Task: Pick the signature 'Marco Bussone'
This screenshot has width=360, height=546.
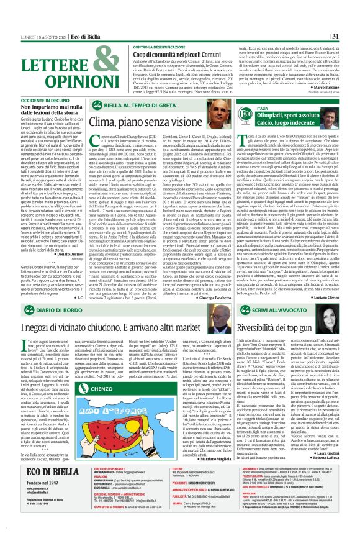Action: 336,86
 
